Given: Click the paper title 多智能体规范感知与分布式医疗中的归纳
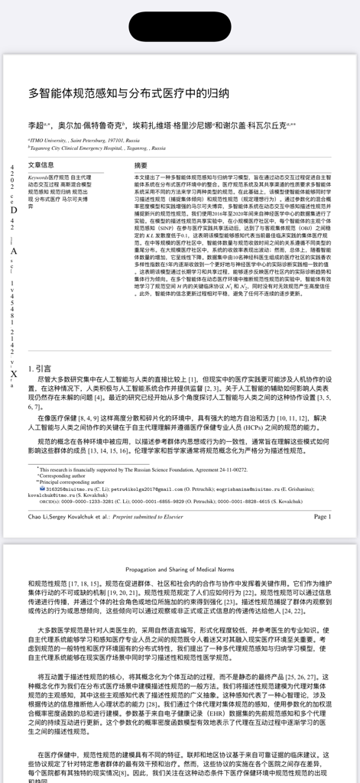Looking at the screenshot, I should point(128,94).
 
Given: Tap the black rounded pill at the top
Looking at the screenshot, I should point(180,25).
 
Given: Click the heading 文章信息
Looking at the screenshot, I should point(41,165).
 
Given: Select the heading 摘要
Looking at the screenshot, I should point(141,165).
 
